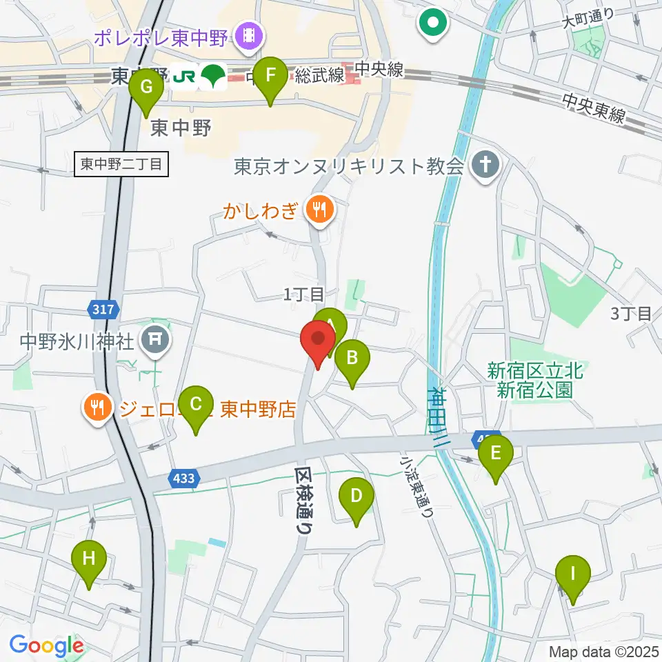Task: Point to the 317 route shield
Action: point(103,310)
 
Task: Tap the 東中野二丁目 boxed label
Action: point(121,164)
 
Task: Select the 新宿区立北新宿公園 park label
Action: point(535,380)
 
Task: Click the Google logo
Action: point(46,646)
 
